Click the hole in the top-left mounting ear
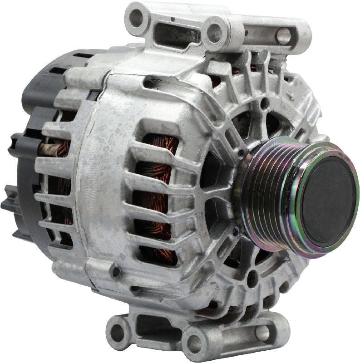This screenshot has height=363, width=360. [x=136, y=18]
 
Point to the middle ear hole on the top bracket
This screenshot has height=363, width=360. [x=214, y=32]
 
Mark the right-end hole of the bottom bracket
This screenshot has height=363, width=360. [x=263, y=333]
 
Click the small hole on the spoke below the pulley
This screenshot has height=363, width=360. [x=252, y=278]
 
